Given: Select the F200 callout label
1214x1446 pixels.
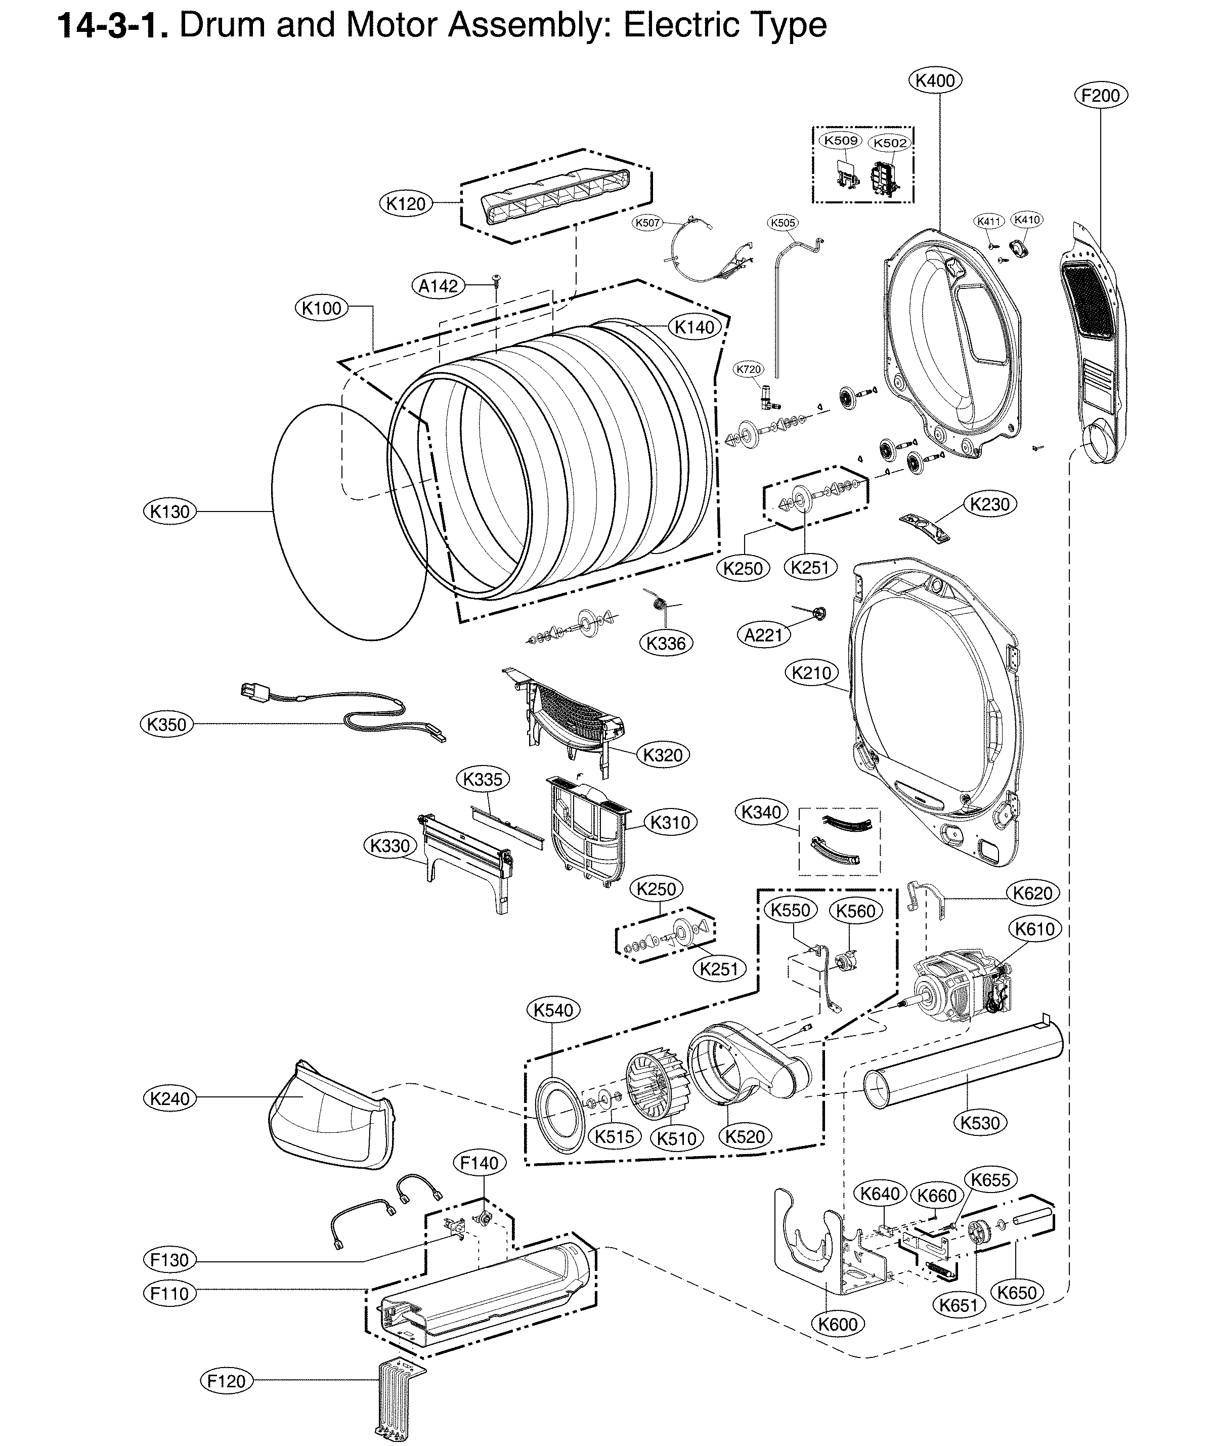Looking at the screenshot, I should click(1100, 96).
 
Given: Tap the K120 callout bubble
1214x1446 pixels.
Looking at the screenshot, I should click(406, 204).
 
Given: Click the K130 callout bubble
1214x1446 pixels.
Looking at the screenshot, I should click(169, 511).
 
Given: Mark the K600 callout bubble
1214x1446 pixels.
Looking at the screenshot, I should click(838, 1324).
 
